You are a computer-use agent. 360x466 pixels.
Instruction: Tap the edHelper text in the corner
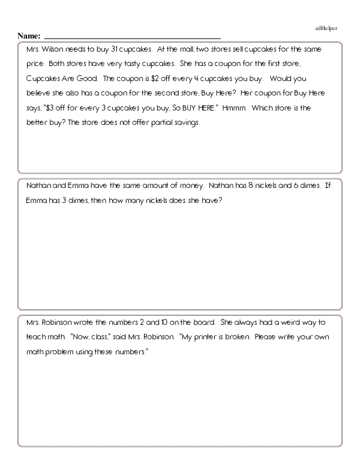pyautogui.click(x=326, y=28)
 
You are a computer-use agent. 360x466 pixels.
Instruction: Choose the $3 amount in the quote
pyautogui.click(x=70, y=108)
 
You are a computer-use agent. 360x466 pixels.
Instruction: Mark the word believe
pyautogui.click(x=40, y=94)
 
